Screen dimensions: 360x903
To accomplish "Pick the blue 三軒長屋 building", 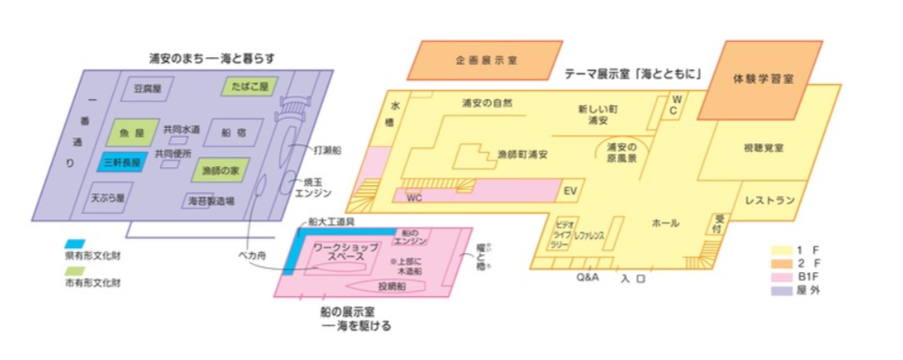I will [124, 162].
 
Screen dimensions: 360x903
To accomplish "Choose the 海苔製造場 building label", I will [209, 201].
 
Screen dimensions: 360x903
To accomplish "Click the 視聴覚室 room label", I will [763, 149].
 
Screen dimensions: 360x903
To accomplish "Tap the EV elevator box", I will [571, 191].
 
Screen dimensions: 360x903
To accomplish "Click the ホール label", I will [665, 222].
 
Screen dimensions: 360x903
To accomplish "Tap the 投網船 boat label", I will [392, 286].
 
